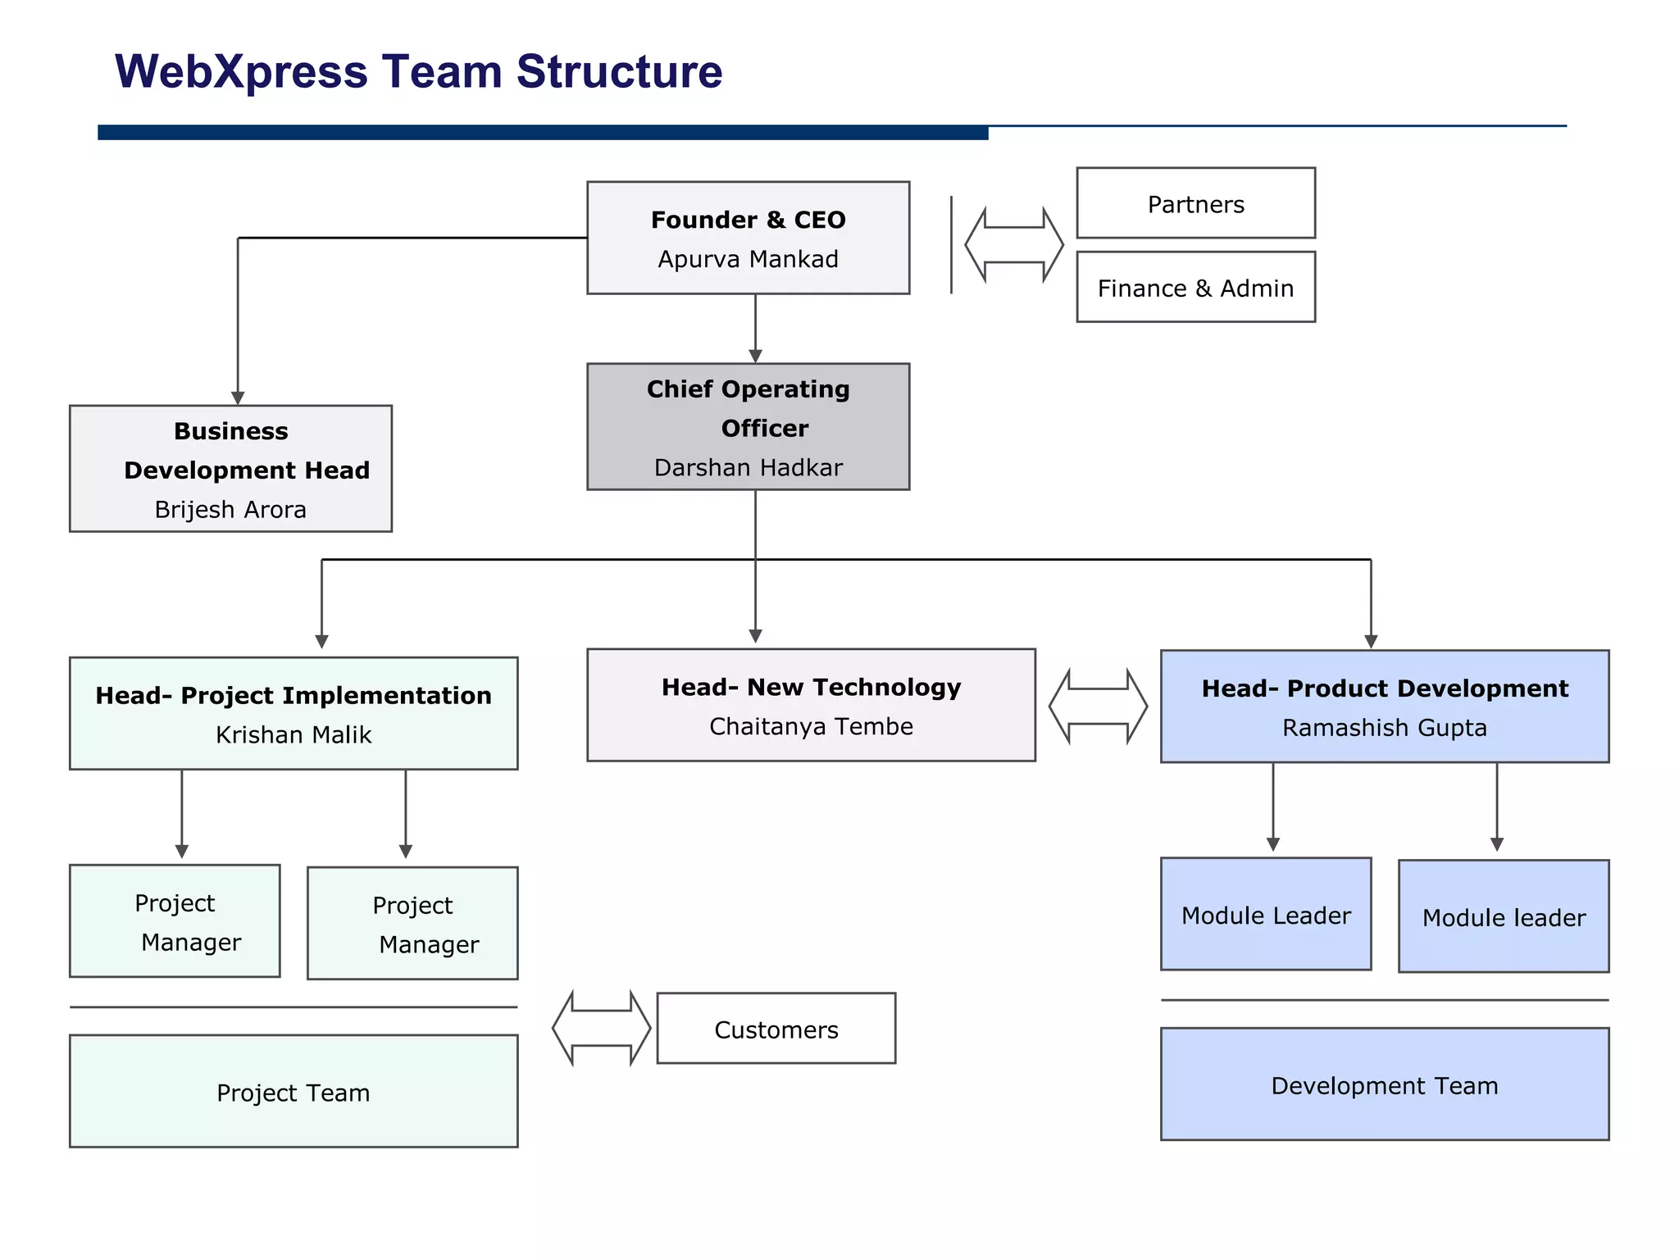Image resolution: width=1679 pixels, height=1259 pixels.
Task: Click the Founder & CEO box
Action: [748, 238]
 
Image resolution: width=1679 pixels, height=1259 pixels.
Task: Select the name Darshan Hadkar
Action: [748, 467]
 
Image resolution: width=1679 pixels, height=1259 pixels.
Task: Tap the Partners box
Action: [1195, 203]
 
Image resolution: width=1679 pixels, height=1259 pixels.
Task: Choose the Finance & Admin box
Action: [1195, 288]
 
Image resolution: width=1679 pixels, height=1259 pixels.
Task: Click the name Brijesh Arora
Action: [230, 509]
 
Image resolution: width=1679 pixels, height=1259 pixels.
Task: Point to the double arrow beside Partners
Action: [1014, 245]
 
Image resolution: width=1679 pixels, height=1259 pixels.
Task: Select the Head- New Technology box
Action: [811, 705]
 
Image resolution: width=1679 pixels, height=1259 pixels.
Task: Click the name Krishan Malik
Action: [293, 734]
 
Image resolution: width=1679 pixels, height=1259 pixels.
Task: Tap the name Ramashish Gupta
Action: [1384, 727]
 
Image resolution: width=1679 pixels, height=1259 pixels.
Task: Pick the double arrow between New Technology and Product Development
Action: [1098, 706]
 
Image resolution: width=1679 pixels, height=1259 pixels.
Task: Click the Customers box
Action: [776, 1029]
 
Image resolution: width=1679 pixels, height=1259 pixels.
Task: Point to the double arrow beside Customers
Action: [601, 1028]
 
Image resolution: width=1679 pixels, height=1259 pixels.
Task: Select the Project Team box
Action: [293, 1091]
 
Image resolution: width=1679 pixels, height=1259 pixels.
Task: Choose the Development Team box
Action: [1384, 1084]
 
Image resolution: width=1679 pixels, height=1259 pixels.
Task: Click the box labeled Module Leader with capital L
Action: [1265, 914]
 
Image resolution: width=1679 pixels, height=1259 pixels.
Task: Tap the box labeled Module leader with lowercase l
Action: [1503, 916]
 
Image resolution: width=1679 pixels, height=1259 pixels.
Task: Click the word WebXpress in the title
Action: [241, 71]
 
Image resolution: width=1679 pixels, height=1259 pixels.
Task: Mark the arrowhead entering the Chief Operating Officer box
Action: [755, 356]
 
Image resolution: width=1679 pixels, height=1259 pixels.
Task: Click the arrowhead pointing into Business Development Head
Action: [238, 398]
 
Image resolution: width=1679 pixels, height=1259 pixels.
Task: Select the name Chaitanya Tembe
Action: [811, 726]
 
